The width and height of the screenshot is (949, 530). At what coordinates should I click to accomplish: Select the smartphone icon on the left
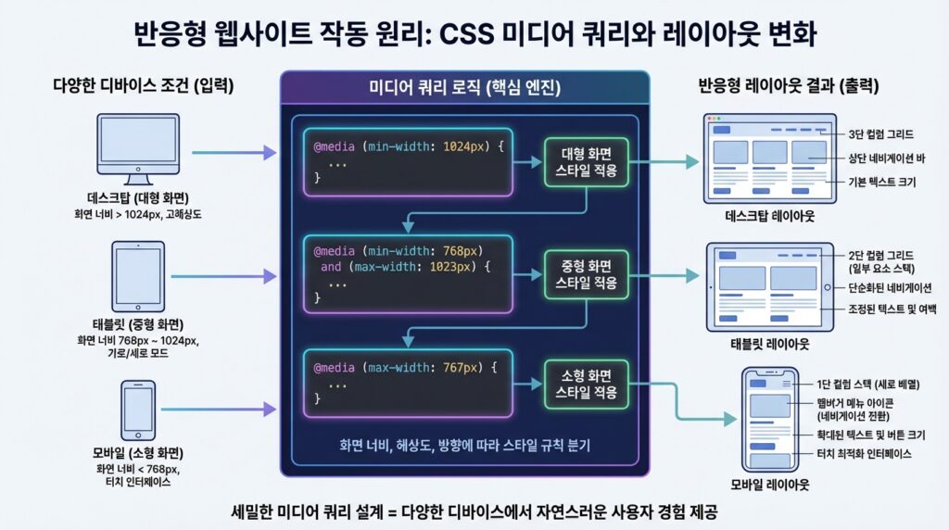138,408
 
